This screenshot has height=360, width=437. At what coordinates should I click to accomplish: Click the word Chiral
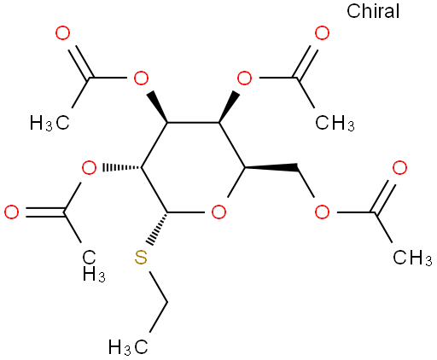tap(373, 11)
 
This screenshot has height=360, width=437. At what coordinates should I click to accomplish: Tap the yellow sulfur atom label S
tap(141, 258)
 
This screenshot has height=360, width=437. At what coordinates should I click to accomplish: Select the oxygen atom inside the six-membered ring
tap(218, 212)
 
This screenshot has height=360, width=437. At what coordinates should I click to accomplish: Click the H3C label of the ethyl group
tap(128, 347)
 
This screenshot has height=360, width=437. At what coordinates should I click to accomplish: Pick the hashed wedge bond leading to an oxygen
tap(122, 167)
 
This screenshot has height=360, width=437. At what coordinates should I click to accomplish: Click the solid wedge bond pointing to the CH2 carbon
tap(271, 167)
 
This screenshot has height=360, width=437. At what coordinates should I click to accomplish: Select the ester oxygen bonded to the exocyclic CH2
tap(322, 212)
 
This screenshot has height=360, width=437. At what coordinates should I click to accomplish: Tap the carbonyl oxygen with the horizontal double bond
tap(12, 212)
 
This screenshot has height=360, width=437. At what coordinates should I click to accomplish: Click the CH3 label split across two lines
tap(94, 266)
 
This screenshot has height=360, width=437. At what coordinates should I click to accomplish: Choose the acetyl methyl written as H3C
tap(50, 123)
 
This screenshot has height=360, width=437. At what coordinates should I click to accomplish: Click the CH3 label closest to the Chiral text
tap(335, 123)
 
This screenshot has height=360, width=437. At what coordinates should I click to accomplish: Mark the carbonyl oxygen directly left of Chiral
tap(322, 33)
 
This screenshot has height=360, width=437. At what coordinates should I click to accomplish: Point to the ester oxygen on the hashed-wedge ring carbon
tap(89, 167)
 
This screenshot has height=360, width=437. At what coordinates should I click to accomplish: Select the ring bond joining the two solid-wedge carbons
tap(193, 123)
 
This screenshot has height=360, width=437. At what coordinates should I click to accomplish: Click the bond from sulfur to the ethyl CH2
tap(159, 287)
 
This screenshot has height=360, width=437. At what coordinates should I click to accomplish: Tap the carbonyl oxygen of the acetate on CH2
tap(399, 167)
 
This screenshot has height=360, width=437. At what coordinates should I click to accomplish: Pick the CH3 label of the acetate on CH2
tap(412, 258)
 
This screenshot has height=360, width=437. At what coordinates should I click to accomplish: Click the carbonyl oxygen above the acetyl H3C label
tap(62, 33)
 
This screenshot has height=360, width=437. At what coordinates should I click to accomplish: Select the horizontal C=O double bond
tap(45, 212)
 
